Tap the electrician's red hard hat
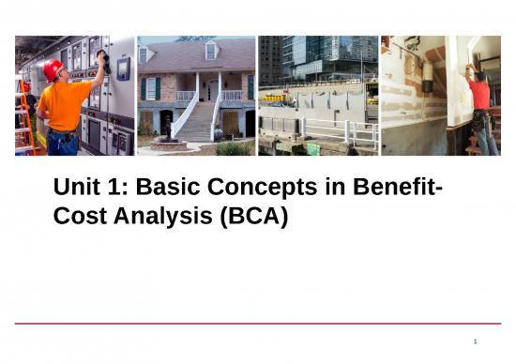(x=53, y=68)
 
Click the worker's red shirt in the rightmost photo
(x=481, y=94)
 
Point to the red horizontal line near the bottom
(x=257, y=324)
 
